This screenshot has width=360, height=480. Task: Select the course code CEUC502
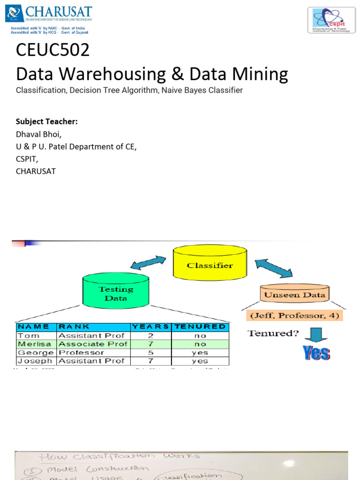(52, 50)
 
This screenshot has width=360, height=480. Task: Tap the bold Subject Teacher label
(46, 122)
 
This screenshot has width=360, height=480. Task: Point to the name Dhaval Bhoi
(38, 134)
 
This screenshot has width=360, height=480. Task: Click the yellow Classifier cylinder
(210, 265)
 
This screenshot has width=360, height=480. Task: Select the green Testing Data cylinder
(115, 293)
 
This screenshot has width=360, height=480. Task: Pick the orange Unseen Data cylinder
(294, 294)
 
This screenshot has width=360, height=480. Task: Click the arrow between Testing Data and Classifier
(148, 262)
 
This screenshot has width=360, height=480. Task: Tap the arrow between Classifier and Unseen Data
(273, 268)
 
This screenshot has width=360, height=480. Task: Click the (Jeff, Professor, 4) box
(294, 315)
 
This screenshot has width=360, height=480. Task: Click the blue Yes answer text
(316, 353)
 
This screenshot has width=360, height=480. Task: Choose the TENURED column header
(200, 327)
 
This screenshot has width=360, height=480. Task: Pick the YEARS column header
(151, 327)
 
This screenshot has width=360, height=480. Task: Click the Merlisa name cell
(36, 344)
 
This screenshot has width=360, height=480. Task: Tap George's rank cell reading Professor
(81, 352)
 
